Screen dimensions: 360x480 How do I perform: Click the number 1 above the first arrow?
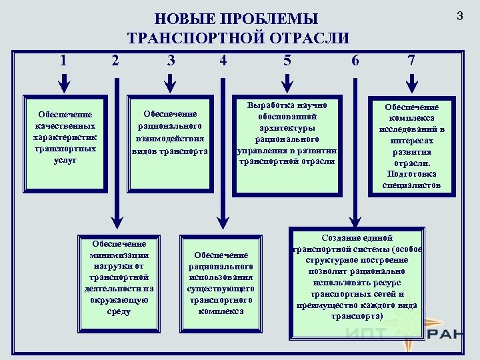click(63, 61)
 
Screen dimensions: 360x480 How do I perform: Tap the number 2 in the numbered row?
click(116, 61)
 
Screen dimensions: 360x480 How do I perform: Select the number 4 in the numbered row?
click(223, 61)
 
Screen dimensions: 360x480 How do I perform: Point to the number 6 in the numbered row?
click(355, 61)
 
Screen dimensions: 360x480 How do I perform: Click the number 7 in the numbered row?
click(411, 61)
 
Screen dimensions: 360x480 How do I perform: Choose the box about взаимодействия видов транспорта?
click(171, 133)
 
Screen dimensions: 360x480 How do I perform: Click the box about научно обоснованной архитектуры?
click(287, 133)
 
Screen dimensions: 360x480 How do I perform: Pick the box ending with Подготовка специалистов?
click(411, 146)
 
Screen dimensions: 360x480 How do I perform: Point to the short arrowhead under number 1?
click(63, 86)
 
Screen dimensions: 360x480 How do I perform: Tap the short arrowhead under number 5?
click(287, 86)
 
